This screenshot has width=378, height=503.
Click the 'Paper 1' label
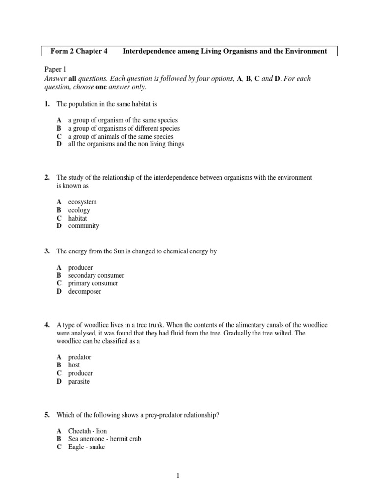coord(57,70)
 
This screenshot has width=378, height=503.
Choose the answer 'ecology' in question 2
coord(79,210)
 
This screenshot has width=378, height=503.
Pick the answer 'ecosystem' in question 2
coord(82,202)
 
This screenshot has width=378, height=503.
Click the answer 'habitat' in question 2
coord(78,218)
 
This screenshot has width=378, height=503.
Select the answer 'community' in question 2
coord(84,226)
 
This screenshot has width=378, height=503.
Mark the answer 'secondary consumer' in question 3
coord(96,276)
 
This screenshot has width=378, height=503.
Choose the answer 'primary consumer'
coord(93,283)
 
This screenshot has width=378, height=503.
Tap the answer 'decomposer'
coord(85,291)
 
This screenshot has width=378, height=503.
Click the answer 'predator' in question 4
coord(80,357)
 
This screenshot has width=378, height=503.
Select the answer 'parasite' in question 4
coord(79,381)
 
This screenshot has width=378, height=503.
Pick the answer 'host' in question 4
coord(74,365)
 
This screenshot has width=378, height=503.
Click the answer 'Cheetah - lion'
coord(87,431)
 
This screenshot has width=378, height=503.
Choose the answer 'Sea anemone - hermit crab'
coord(104,439)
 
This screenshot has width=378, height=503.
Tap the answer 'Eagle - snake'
coord(86,447)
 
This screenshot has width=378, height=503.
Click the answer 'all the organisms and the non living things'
coord(126,144)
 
